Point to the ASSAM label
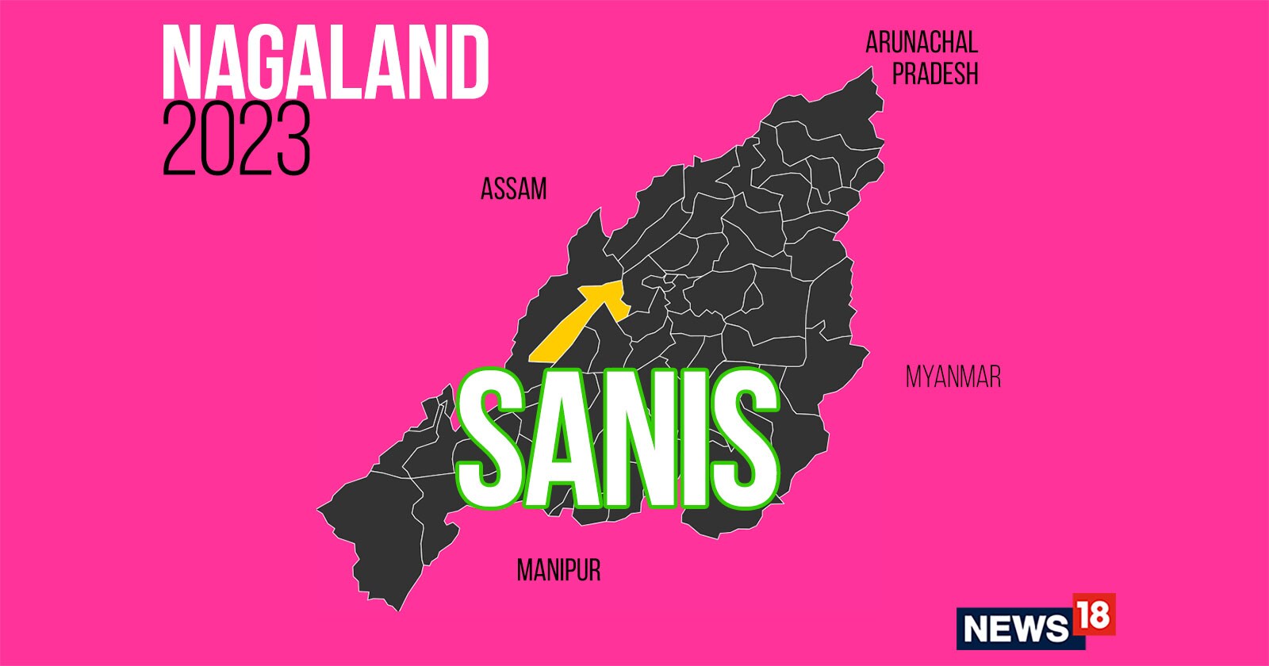(x=513, y=189)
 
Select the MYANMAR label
(x=953, y=377)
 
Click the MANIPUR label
(x=558, y=570)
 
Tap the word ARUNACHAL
(x=921, y=42)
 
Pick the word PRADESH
(x=935, y=74)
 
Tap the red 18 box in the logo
(x=1093, y=614)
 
